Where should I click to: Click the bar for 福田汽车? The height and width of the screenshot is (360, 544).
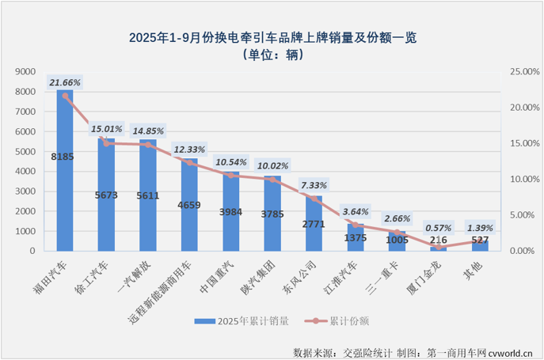(65, 170)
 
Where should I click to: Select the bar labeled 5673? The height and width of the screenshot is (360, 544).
(106, 195)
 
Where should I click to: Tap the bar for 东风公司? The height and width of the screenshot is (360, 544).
(314, 224)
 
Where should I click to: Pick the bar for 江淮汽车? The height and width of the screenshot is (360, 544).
(355, 237)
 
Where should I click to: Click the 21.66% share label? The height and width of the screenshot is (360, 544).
(65, 82)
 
